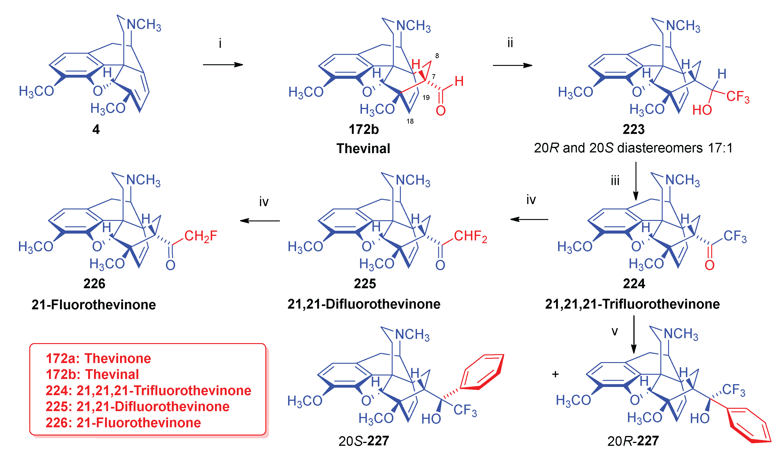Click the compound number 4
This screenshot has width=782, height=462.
coord(96,129)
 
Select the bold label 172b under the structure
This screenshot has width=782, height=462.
coord(364,129)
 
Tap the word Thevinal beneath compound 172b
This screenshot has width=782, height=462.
coord(363,148)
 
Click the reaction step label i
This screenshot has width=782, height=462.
coord(220,43)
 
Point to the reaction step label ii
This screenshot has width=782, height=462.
coord(510,43)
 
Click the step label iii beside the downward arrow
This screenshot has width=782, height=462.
coord(615,181)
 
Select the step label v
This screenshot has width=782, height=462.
coord(615,331)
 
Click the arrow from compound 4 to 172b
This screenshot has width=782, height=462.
coord(223,65)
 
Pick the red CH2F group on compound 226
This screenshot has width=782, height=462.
coord(201,236)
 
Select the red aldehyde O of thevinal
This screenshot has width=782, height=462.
coord(441,110)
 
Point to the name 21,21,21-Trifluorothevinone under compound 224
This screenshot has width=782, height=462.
coord(632,304)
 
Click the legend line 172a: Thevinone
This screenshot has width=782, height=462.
coord(98,359)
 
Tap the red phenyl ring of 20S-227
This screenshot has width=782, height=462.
coord(482,372)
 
